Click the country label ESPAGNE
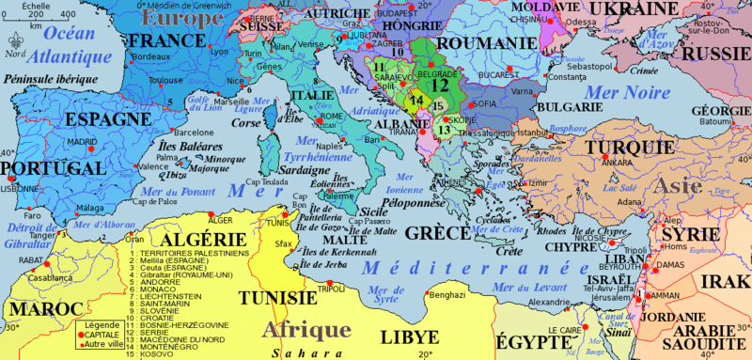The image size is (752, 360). [101, 120]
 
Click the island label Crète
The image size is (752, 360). [509, 252]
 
